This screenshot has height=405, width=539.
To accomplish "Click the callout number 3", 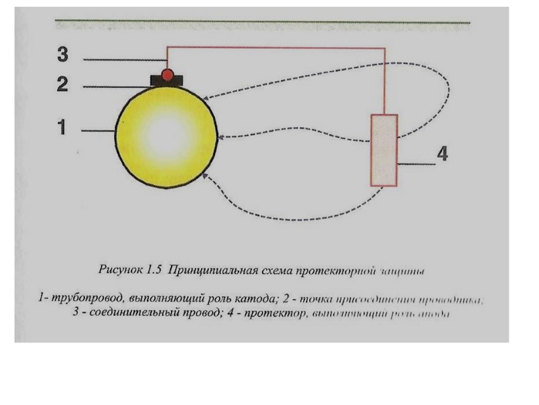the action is click(x=62, y=53).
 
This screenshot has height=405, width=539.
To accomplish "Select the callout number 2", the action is click(x=62, y=84).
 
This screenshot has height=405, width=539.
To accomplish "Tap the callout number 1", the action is click(x=61, y=127).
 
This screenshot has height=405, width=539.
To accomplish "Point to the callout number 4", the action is click(x=442, y=154).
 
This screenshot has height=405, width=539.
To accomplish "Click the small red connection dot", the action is click(x=168, y=73).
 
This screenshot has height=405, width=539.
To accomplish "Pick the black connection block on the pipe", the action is click(x=168, y=81).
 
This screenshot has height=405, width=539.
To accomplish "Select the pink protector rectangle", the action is click(x=384, y=150).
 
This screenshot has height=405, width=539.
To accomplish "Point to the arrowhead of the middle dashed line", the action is click(x=222, y=138).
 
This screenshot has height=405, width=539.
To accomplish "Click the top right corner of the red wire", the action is click(x=385, y=48).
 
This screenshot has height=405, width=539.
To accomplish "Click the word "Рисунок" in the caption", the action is click(x=119, y=271).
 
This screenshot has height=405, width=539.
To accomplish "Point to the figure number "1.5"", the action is click(x=154, y=271).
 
